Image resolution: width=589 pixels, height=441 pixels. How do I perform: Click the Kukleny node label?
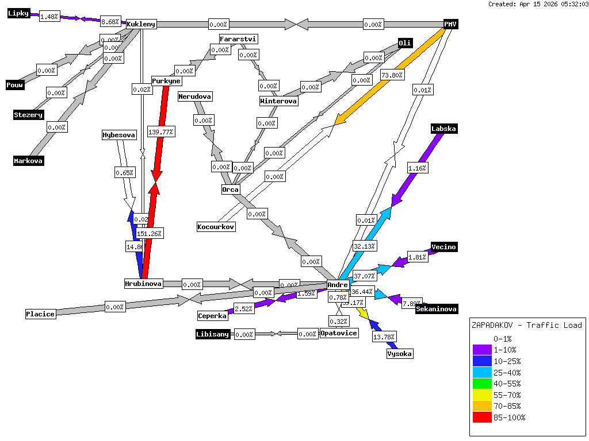pos(141,24)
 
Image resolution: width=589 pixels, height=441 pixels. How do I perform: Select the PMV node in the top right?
pos(450,24)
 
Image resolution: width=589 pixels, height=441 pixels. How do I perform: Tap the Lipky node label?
pos(18,13)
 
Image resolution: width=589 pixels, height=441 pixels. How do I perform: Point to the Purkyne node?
pos(166,81)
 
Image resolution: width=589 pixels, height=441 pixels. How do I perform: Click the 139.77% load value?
pos(161,131)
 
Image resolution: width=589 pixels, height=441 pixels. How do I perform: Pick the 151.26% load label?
pos(150,234)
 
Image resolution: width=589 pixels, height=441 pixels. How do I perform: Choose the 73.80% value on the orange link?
pos(392,75)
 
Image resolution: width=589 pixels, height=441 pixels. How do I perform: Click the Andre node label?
pos(338,284)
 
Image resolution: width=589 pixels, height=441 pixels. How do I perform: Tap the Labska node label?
pos(443,129)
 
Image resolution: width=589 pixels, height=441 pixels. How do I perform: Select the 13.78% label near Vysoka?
pos(384,336)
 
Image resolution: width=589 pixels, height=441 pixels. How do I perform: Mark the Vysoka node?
pos(399,354)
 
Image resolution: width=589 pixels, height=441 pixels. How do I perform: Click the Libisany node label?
pos(213,334)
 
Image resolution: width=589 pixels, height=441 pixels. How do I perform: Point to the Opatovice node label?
pos(339,333)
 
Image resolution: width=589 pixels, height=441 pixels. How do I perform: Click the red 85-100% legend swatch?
pos(482,417)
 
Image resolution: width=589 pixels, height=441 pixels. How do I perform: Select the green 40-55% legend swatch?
pos(482,384)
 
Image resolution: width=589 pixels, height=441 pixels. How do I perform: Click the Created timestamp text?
pos(538,4)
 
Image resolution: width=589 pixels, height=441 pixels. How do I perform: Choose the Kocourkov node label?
pos(216,227)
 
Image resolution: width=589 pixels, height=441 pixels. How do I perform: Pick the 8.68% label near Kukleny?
pos(110,22)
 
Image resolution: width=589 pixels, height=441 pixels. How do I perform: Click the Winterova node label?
pos(279,101)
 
